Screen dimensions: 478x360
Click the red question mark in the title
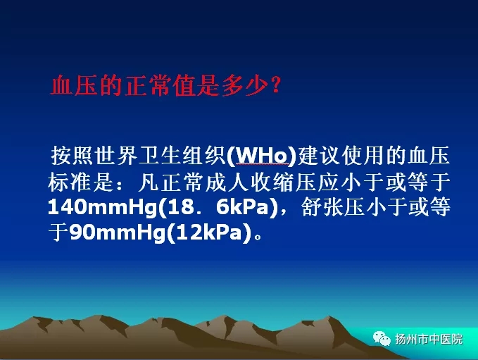point(275,85)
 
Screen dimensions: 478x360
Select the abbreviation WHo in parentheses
point(262,156)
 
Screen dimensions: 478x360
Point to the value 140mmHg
point(103,208)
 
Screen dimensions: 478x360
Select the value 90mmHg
point(118,233)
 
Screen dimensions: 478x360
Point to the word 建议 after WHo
point(319,156)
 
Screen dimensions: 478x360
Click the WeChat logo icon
point(382,338)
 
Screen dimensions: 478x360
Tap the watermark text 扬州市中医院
point(429,340)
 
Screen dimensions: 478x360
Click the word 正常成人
point(205,182)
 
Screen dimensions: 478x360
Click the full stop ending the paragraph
point(258,237)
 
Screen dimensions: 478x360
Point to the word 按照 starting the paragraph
point(73,156)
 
